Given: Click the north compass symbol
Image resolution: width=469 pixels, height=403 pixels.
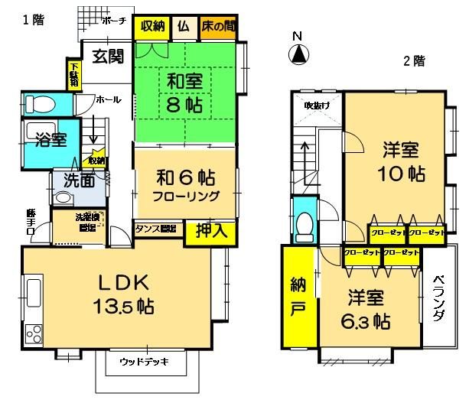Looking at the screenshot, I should coord(299,54).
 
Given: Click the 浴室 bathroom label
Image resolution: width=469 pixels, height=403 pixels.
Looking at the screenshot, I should coord(50,140).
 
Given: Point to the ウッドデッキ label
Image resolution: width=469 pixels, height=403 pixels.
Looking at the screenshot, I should coord(144,362).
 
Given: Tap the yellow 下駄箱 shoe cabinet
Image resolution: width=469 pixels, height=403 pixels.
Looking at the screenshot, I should coord(73,75).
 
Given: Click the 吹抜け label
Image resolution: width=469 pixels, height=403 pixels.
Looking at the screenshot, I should coord(316,106).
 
